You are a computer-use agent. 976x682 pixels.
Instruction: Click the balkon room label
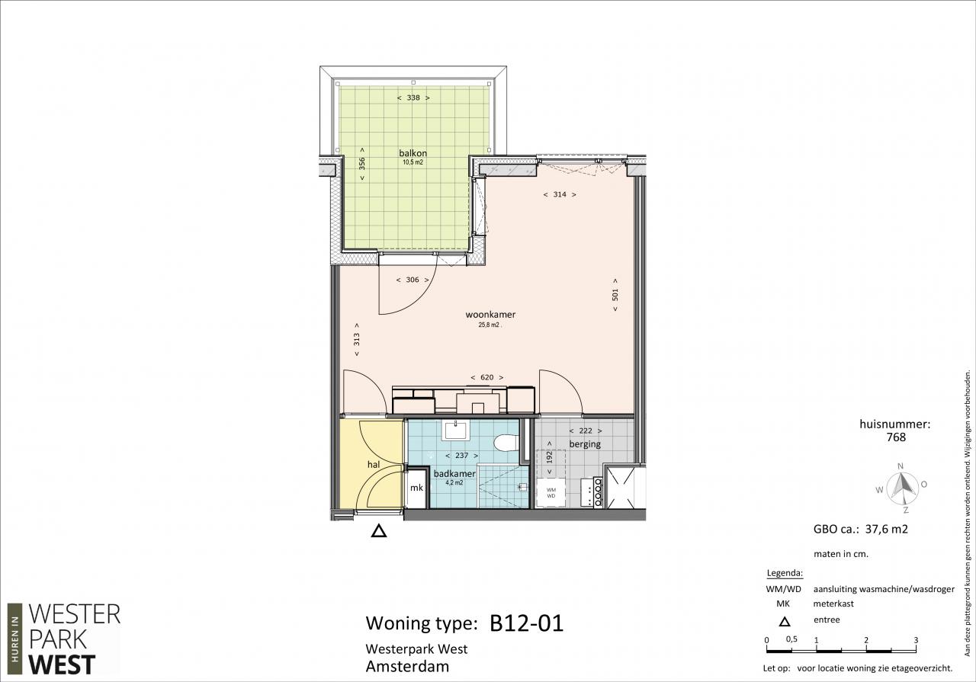coord(413,153)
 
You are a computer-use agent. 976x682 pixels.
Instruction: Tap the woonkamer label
coord(490,315)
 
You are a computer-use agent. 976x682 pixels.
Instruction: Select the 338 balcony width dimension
coord(413,98)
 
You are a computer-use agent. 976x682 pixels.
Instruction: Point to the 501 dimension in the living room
coord(615,295)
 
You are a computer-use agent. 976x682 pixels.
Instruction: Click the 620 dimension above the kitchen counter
coord(487,377)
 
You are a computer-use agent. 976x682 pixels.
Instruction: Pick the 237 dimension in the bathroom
coord(461,456)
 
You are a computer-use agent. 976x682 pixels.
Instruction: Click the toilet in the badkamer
coord(506,443)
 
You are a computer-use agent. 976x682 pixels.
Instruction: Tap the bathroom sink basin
coord(455,431)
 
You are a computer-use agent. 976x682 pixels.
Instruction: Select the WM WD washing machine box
coord(551,492)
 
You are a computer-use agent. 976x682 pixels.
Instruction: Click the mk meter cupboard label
coord(416,488)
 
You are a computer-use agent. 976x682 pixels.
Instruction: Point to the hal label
coord(374,465)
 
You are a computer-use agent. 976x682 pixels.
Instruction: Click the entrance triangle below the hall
coord(379,531)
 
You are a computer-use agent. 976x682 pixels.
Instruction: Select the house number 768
coord(896,437)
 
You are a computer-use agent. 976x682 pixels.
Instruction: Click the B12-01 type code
coord(526,623)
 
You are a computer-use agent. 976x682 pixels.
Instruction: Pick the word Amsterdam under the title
coord(407,667)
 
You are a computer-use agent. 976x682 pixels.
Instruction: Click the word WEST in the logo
coord(62,665)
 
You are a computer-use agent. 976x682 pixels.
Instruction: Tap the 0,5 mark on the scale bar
coord(791,639)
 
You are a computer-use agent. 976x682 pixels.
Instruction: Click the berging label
coord(585,444)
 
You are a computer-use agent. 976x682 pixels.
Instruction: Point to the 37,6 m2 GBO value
coord(886,529)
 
